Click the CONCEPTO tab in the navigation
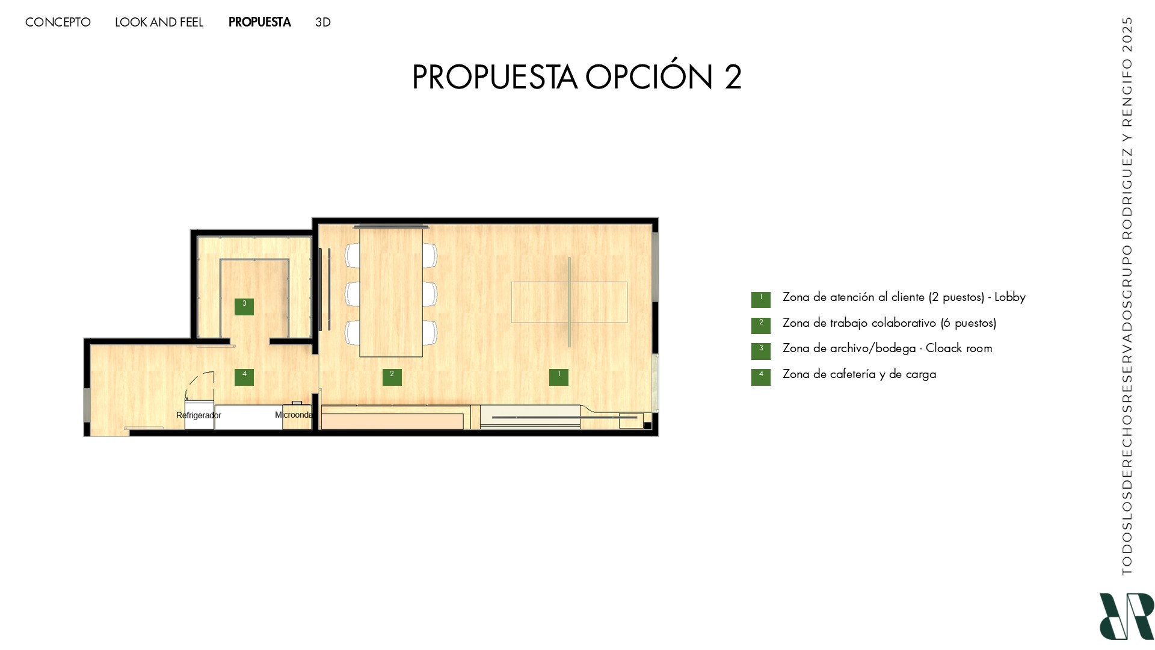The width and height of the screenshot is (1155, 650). [58, 22]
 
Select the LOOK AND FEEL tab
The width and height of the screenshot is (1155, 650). [159, 22]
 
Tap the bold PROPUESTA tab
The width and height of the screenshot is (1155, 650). [259, 22]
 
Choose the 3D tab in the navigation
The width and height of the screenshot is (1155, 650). [323, 22]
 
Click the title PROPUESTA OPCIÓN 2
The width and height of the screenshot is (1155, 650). [576, 77]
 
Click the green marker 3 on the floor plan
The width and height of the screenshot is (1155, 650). [244, 306]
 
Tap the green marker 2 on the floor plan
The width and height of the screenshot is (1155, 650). [392, 377]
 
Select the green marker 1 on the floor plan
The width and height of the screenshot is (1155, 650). [559, 377]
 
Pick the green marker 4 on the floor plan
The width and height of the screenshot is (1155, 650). [244, 377]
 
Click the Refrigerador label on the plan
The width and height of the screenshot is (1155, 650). [199, 415]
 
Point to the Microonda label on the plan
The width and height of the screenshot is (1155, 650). [294, 415]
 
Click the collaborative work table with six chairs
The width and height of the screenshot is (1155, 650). [391, 292]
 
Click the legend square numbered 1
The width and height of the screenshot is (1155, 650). [761, 300]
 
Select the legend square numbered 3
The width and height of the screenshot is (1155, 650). [761, 351]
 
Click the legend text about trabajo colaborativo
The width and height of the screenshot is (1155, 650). [889, 323]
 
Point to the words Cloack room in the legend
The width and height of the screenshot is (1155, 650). [959, 348]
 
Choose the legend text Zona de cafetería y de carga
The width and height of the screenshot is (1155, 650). [859, 374]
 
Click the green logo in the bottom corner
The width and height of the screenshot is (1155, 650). [1126, 616]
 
